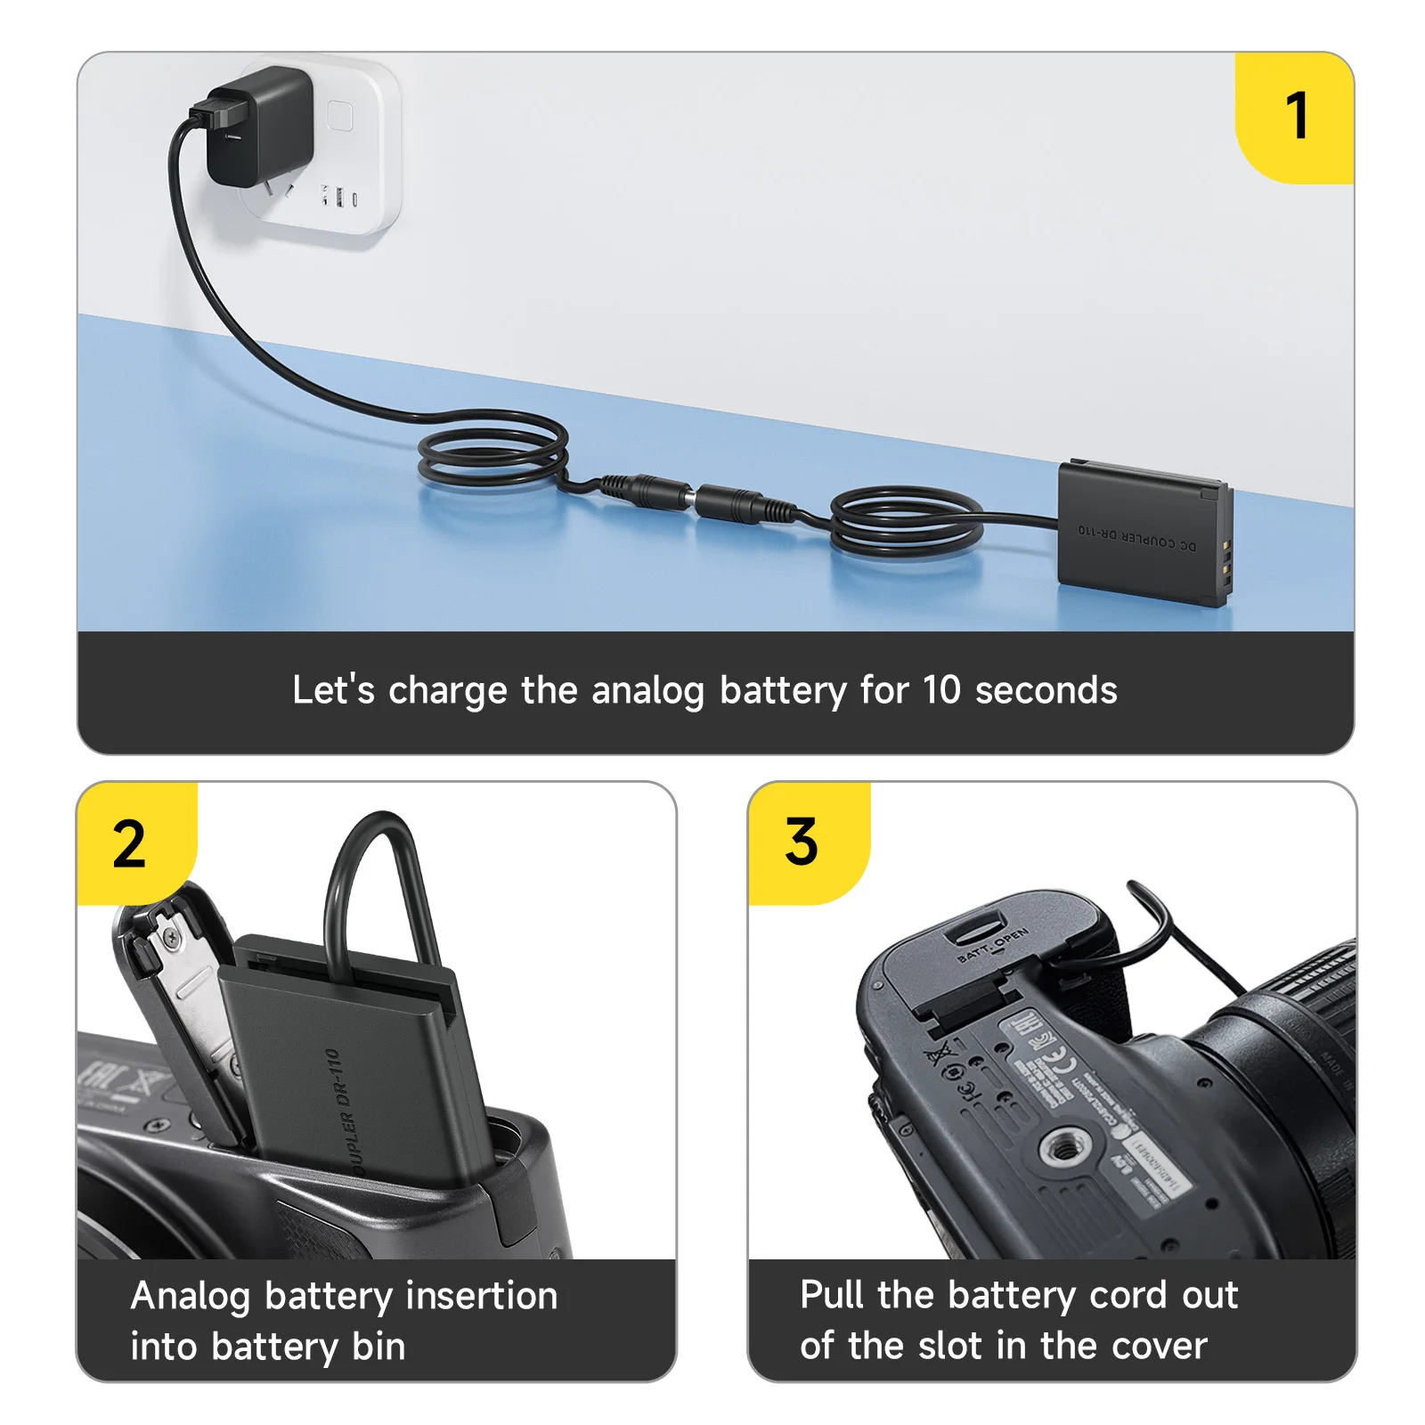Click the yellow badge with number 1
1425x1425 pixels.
tap(1296, 117)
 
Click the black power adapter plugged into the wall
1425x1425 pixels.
tap(258, 125)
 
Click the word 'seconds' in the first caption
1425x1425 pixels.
tap(1046, 690)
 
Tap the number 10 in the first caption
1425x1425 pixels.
tap(940, 690)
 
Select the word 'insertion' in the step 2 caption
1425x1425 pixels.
tap(481, 1295)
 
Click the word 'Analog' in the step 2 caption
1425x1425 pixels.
tap(191, 1296)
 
